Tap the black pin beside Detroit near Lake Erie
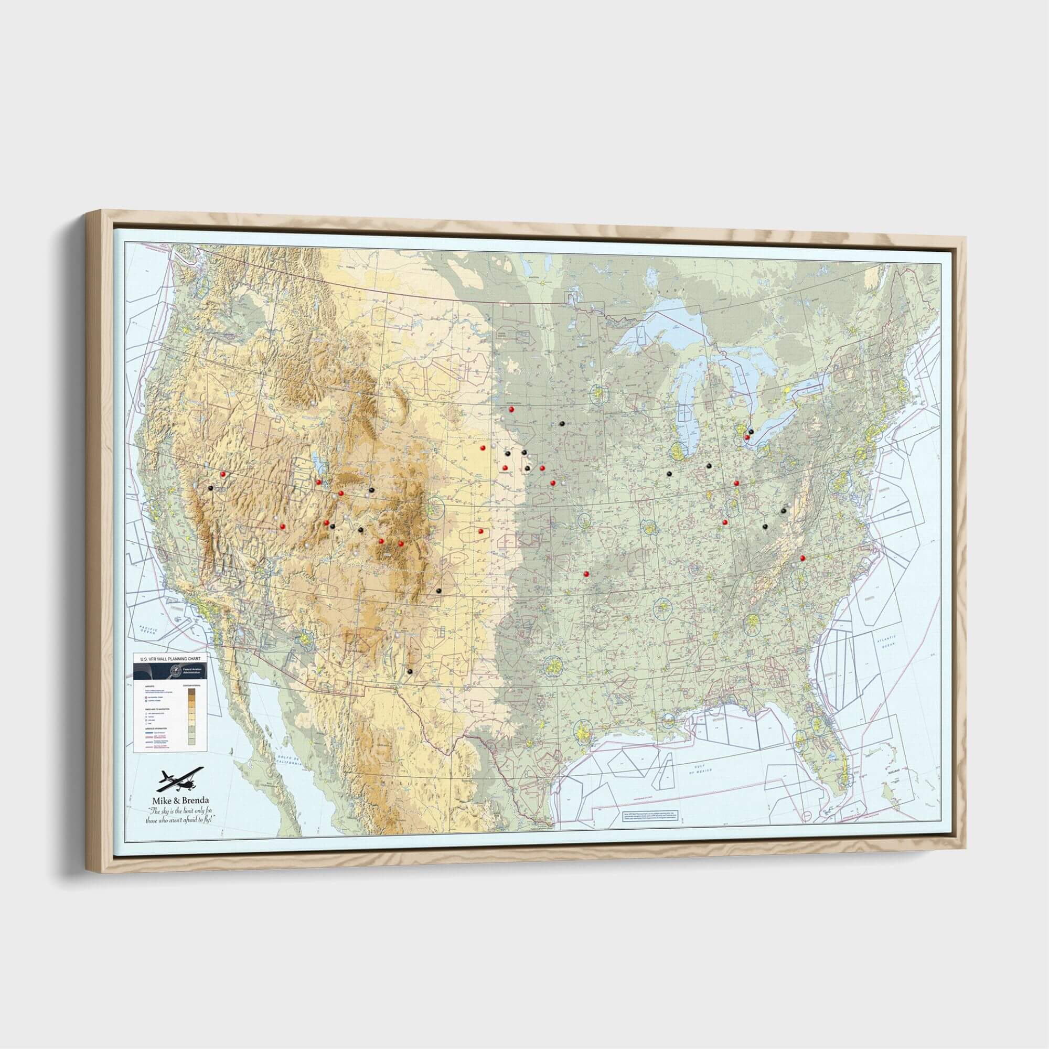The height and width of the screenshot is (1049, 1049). pos(751,431)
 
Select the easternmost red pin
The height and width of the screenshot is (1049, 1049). pos(802,558)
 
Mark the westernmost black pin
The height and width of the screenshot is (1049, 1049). pos(210,487)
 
